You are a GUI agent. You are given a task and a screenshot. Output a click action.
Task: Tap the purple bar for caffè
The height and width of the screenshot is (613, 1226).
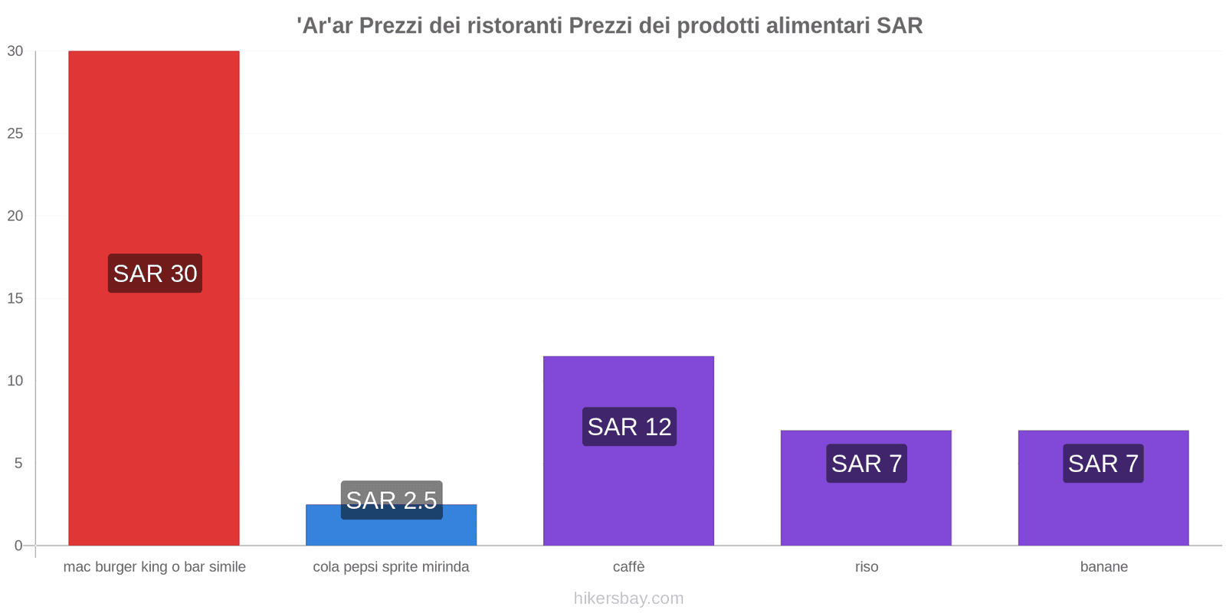pyautogui.click(x=628, y=490)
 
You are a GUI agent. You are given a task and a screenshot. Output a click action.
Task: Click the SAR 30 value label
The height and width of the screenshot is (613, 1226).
pyautogui.click(x=155, y=274)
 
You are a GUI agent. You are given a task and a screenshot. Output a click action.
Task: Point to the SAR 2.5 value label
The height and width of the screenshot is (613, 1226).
pyautogui.click(x=392, y=500)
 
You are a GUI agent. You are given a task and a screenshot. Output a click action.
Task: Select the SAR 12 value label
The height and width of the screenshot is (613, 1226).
pyautogui.click(x=629, y=427)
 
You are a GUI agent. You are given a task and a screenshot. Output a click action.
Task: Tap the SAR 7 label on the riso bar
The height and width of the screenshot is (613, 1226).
pyautogui.click(x=867, y=464)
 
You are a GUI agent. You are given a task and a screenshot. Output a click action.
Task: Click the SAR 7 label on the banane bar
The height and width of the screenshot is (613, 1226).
pyautogui.click(x=1103, y=464)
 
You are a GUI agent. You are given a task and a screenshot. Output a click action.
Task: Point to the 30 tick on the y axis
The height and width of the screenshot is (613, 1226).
pyautogui.click(x=15, y=51)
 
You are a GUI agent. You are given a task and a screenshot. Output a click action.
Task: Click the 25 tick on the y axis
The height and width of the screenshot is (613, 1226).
pyautogui.click(x=15, y=133)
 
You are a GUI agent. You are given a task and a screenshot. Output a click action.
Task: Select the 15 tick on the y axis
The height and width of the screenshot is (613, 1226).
pyautogui.click(x=15, y=299)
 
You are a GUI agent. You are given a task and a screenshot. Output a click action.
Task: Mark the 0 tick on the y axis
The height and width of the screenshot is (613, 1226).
pyautogui.click(x=18, y=546)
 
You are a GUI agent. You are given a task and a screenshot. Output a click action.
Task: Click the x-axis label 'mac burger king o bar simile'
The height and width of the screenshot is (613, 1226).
pyautogui.click(x=154, y=567)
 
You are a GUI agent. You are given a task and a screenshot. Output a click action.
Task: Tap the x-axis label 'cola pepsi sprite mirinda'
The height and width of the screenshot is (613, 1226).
pyautogui.click(x=391, y=567)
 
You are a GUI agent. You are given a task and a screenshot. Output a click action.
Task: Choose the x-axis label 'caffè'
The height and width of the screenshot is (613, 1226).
pyautogui.click(x=628, y=567)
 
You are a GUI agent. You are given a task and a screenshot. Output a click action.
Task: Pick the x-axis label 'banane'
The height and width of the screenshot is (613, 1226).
pyautogui.click(x=1103, y=567)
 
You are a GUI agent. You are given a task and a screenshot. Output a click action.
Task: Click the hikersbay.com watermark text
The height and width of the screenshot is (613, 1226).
pyautogui.click(x=628, y=598)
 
